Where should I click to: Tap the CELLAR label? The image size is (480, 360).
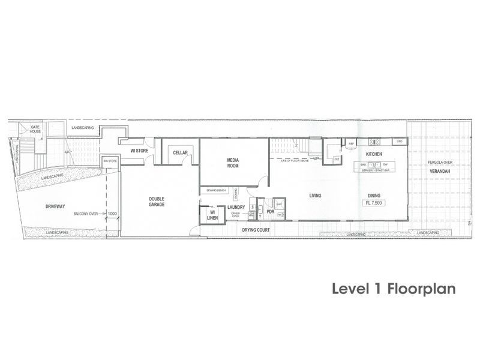181,153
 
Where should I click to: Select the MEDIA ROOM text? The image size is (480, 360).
233,163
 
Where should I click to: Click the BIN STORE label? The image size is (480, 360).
110,161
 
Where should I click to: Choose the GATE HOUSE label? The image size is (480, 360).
35,130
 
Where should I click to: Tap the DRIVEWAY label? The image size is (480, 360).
55,206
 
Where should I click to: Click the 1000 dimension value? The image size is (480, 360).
112,214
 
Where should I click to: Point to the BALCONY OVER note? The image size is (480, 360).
85,214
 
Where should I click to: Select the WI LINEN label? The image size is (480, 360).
212,215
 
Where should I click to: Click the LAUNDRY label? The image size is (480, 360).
236,207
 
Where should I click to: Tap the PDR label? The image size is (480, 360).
270,212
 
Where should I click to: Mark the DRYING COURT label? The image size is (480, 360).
255,230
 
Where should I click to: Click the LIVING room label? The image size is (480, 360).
316,196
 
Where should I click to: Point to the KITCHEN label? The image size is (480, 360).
374,154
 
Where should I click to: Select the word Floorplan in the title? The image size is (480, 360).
422,289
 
